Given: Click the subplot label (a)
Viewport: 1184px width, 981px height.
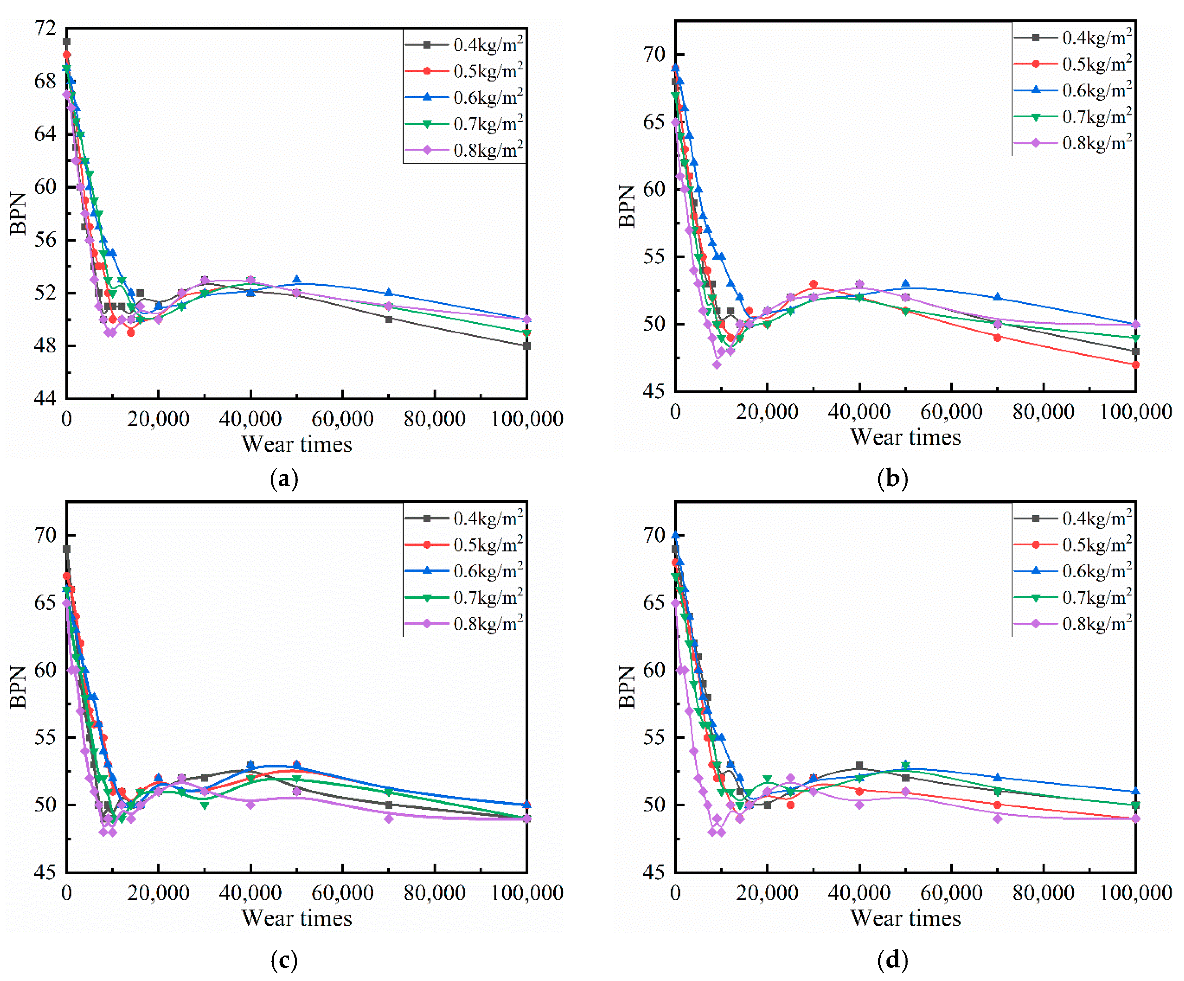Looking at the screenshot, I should point(284,479).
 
